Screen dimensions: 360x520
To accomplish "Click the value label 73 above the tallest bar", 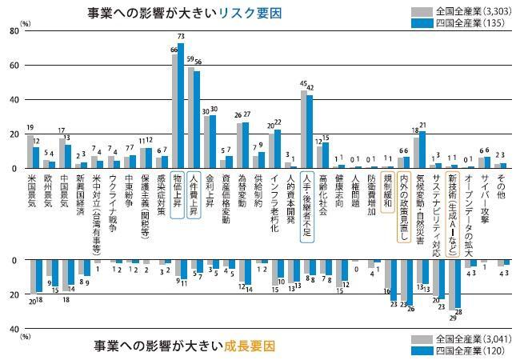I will [181, 37].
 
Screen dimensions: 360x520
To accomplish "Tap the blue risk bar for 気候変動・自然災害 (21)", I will [423, 150].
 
